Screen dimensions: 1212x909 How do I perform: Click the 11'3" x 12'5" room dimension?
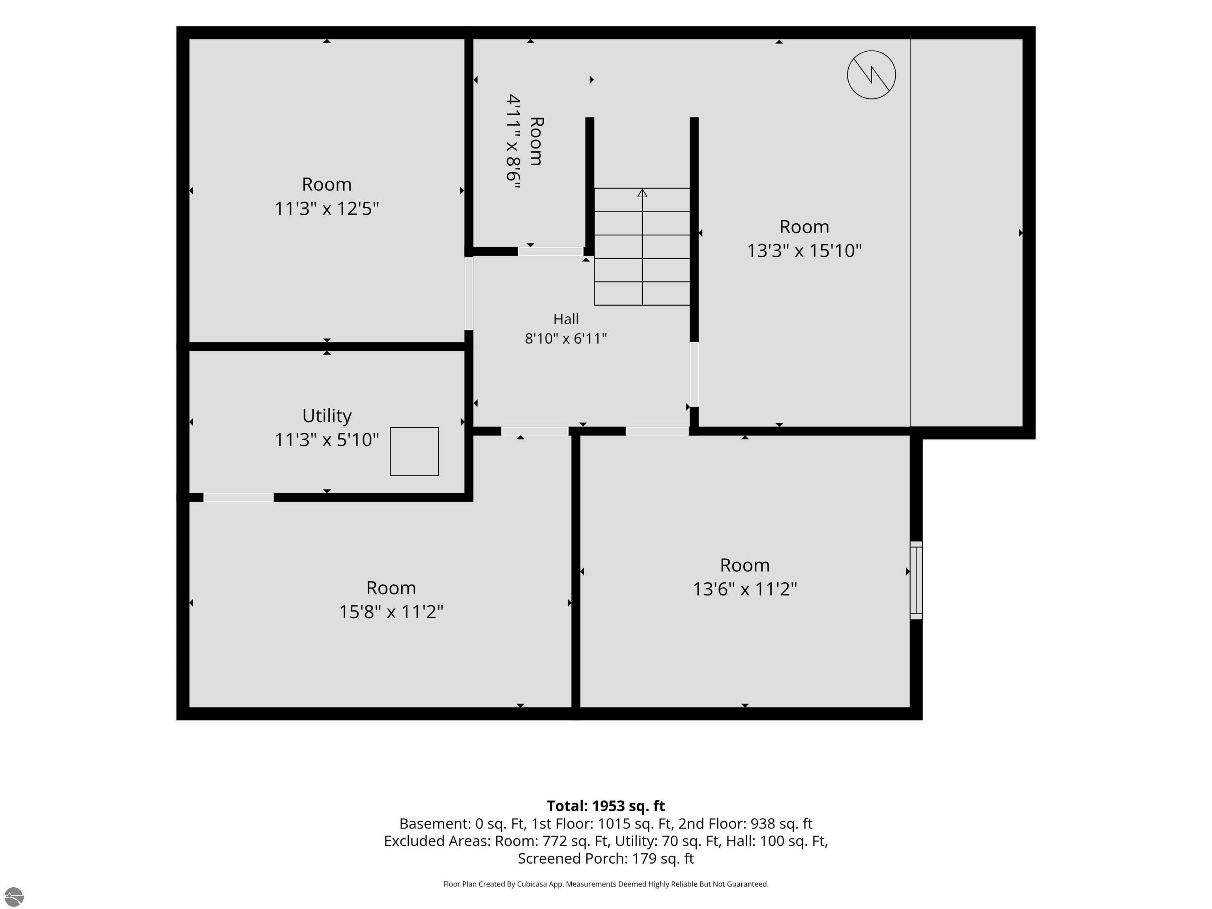tap(327, 209)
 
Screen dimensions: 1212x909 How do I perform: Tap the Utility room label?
tap(327, 416)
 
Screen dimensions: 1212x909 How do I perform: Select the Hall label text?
tap(566, 319)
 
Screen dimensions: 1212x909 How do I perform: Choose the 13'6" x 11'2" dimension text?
tap(744, 589)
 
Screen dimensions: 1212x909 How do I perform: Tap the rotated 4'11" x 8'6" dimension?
tap(513, 141)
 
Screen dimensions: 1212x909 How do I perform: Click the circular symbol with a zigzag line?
tap(871, 75)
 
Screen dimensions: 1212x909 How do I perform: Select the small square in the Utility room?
tap(414, 451)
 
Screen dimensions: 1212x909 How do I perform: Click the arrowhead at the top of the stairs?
tap(642, 193)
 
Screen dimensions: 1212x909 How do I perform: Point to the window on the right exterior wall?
tap(916, 580)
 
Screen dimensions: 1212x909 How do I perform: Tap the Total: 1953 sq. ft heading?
tap(606, 806)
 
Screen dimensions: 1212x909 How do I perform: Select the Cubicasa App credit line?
tap(606, 884)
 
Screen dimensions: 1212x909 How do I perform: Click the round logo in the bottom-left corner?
tap(14, 897)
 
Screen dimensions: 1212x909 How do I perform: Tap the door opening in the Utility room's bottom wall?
tap(238, 498)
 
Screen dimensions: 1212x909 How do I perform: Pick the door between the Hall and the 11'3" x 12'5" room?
tap(468, 294)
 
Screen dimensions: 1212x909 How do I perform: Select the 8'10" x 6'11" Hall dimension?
tap(566, 339)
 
